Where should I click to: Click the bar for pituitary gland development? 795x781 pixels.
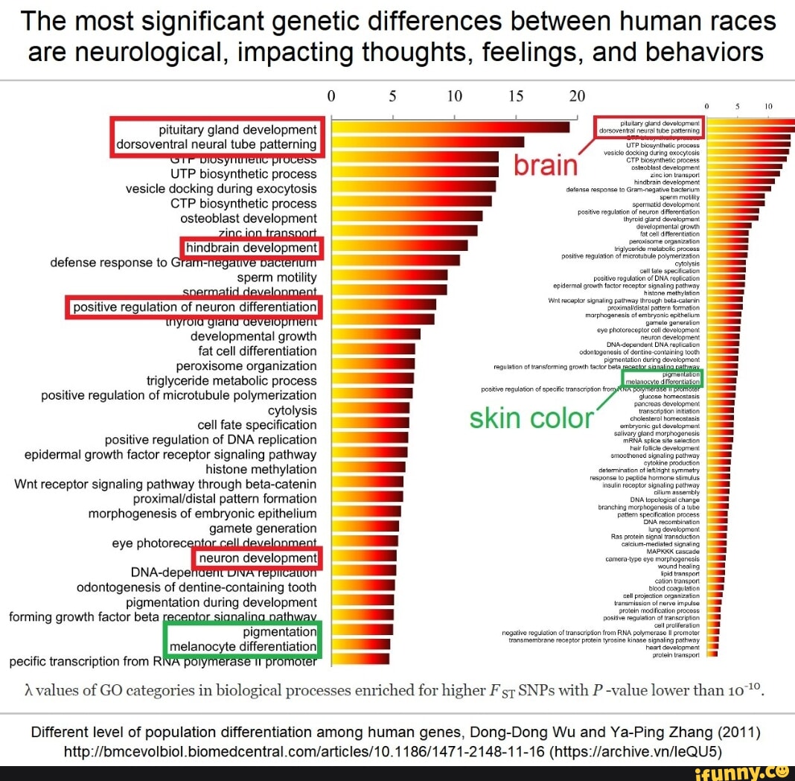click(450, 127)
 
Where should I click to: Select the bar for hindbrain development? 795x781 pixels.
click(399, 246)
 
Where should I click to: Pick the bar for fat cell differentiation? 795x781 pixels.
click(372, 349)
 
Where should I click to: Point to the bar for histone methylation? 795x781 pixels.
click(368, 468)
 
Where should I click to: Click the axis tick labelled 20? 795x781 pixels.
click(578, 97)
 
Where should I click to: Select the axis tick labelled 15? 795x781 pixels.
click(515, 97)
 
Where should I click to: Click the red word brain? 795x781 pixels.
click(546, 165)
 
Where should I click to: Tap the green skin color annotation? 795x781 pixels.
click(530, 419)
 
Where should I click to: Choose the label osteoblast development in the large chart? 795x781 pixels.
click(248, 218)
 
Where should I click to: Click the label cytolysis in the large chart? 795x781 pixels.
click(292, 410)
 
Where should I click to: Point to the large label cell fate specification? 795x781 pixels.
click(257, 425)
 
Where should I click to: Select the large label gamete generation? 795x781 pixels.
click(263, 529)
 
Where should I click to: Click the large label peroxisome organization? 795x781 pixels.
click(246, 366)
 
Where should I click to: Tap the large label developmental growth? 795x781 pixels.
click(253, 336)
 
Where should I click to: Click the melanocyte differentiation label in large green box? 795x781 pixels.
click(243, 646)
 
